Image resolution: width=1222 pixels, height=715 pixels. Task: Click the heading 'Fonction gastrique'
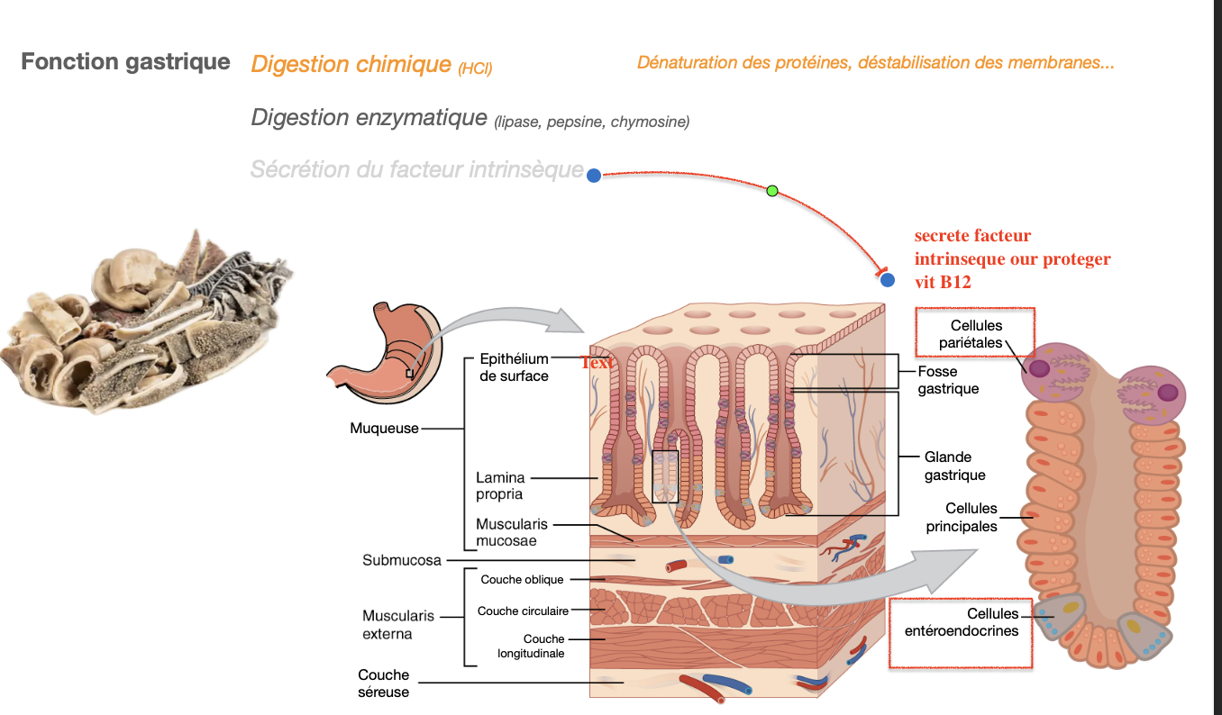125,62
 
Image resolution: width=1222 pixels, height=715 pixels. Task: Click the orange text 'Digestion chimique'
351,64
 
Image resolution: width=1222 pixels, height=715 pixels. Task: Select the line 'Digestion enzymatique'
369,117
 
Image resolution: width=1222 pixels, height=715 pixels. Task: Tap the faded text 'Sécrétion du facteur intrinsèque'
416,169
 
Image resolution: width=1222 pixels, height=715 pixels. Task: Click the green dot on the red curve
771,190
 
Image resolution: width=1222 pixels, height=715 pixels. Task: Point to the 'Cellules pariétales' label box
975,334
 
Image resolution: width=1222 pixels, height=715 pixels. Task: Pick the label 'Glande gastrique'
954,466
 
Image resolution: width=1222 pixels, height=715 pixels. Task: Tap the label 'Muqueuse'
384,429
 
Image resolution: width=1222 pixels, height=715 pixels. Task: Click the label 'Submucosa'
402,560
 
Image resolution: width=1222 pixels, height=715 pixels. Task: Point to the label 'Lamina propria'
499,485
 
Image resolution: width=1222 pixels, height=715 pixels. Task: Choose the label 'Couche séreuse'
383,683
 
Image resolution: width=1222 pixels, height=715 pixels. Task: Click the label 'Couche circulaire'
523,611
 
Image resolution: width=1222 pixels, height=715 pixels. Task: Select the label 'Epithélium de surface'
514,367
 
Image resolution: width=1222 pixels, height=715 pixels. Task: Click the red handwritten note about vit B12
1011,258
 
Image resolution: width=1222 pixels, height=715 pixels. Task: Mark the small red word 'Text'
596,362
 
